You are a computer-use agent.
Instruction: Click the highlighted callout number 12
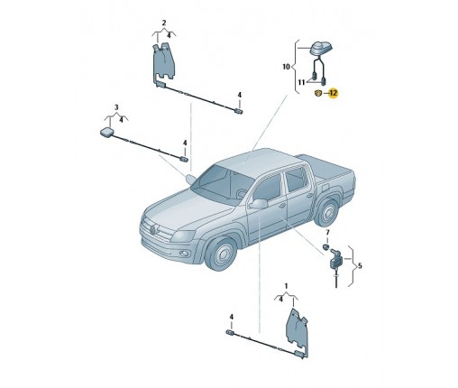[x=334, y=93]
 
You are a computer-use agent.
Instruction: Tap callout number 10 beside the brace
[x=287, y=67]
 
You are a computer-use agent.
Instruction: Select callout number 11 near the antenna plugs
[x=302, y=82]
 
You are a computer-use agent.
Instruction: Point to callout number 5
[x=360, y=266]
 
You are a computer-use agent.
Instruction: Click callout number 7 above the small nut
[x=327, y=233]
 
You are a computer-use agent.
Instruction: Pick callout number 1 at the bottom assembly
[x=286, y=286]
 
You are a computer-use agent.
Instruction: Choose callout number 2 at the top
[x=164, y=23]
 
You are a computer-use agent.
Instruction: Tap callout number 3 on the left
[x=116, y=107]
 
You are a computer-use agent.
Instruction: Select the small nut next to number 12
[x=318, y=93]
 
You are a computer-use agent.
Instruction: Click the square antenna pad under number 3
[x=106, y=133]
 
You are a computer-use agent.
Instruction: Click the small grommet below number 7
[x=325, y=247]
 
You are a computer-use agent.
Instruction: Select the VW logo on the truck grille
[x=152, y=230]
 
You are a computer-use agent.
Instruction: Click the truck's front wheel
[x=222, y=254]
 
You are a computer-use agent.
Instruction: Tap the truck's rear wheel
[x=326, y=212]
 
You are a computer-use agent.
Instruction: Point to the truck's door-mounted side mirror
[x=259, y=204]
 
